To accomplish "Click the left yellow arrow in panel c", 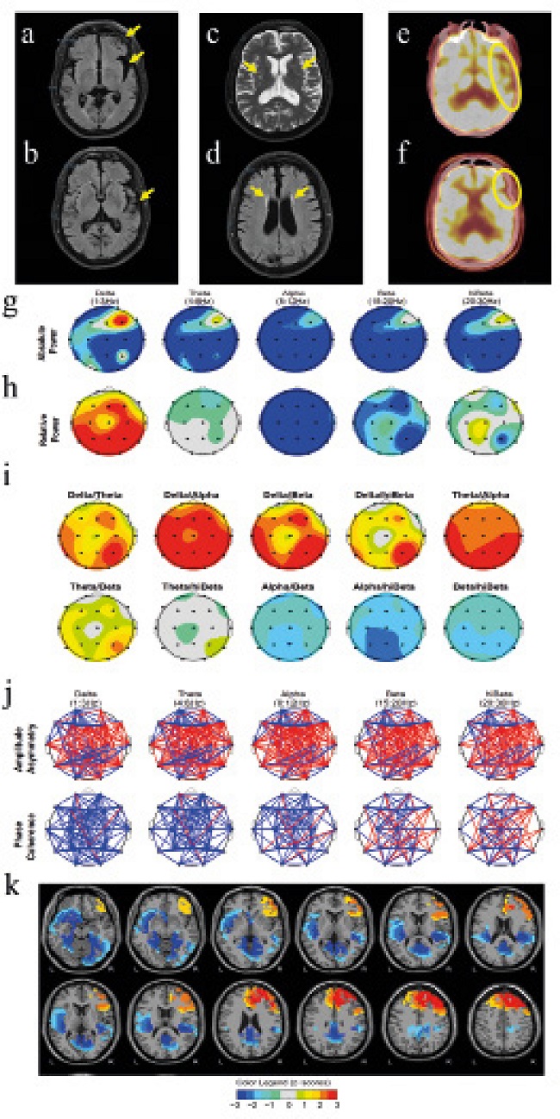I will pyautogui.click(x=249, y=66).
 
